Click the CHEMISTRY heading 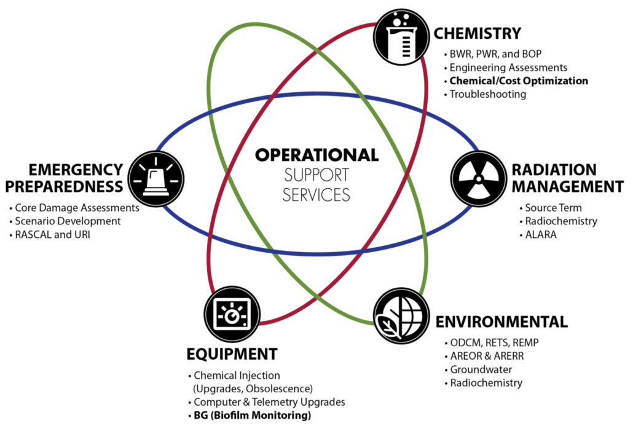click(478, 33)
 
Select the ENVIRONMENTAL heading click(501, 322)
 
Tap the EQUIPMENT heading click(232, 354)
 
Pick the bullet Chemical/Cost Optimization click(518, 81)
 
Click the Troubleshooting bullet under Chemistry click(487, 95)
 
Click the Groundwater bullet click(481, 370)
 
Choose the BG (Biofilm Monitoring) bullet click(252, 416)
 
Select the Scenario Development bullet click(68, 221)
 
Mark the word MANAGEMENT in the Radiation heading click(564, 185)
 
